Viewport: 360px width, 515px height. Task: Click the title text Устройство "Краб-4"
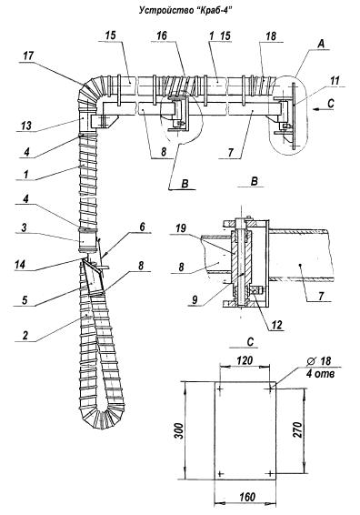click(x=185, y=11)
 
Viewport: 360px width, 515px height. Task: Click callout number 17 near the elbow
click(x=27, y=56)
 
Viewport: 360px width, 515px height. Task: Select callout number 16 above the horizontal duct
click(x=162, y=35)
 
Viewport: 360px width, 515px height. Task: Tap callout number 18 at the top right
click(x=271, y=36)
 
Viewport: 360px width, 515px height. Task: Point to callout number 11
click(x=334, y=80)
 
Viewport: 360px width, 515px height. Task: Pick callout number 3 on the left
click(x=24, y=227)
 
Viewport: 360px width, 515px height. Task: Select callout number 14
click(x=20, y=265)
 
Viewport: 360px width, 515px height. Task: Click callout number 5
click(x=25, y=300)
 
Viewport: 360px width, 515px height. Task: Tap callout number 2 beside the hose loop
click(x=25, y=336)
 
